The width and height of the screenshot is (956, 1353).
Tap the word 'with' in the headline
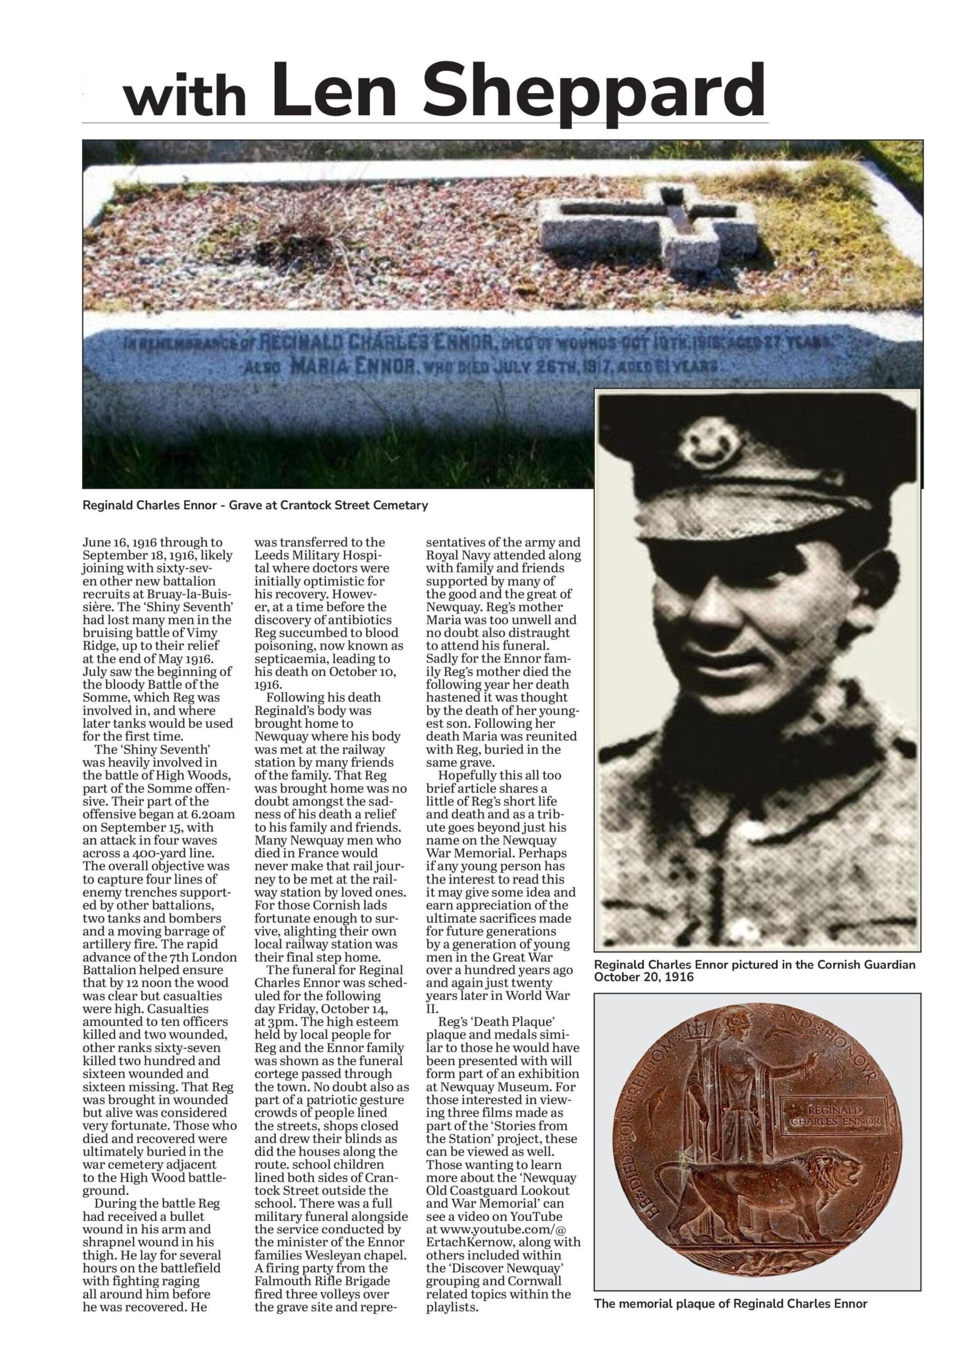(184, 97)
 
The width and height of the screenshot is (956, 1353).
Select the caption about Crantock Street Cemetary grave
(255, 505)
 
